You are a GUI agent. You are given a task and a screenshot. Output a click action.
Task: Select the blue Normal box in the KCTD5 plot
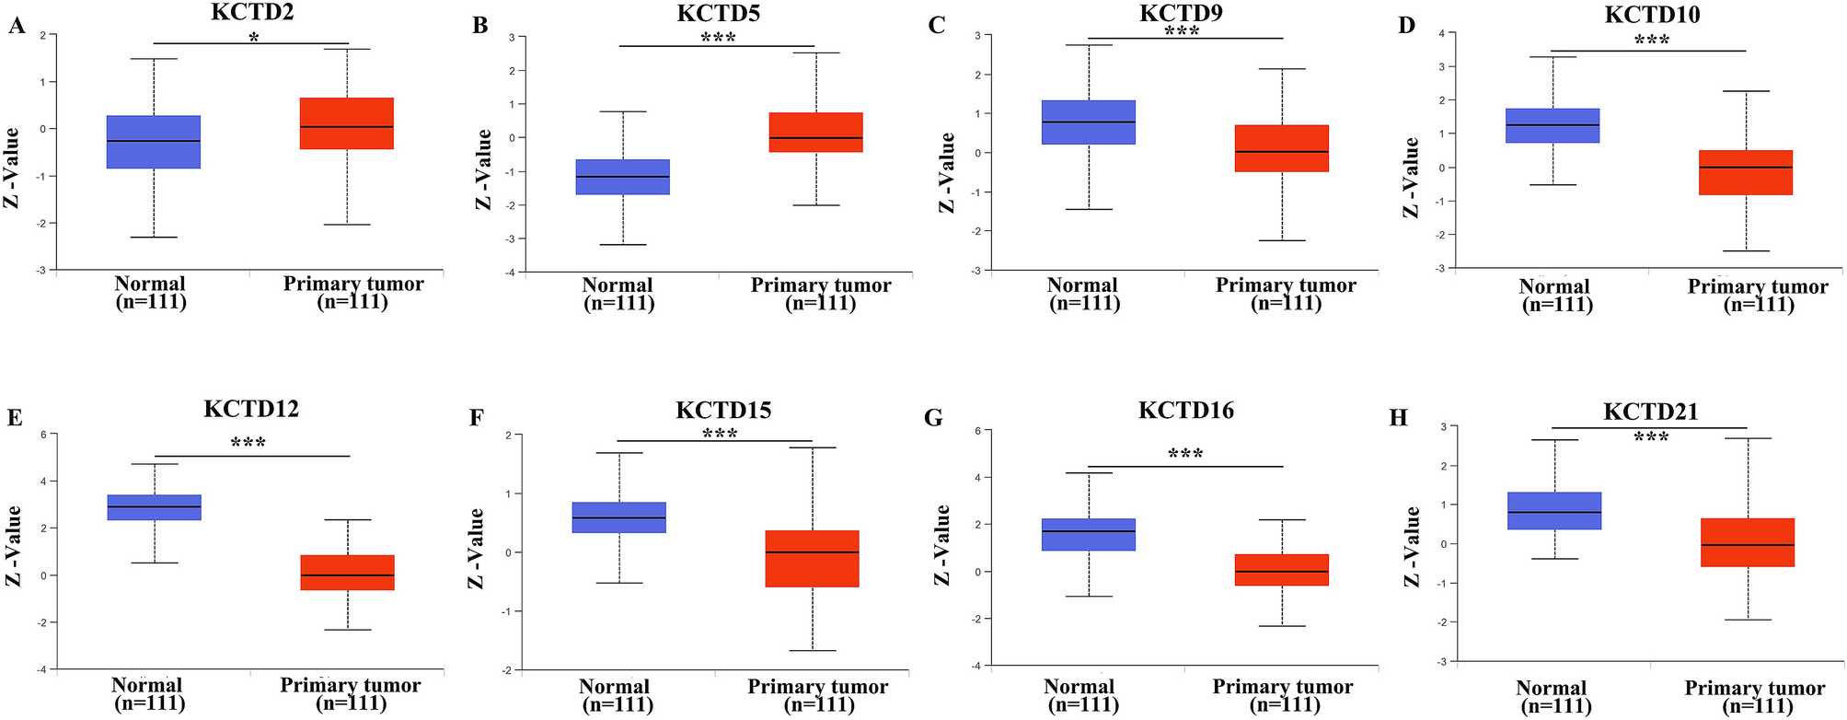click(x=622, y=177)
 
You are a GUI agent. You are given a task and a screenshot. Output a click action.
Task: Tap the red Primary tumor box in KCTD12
click(x=348, y=573)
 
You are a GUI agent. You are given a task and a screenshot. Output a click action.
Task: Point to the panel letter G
click(x=933, y=418)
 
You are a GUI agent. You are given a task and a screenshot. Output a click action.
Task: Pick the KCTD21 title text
click(x=1650, y=412)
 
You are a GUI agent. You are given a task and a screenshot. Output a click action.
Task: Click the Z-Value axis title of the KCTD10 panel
click(x=1411, y=177)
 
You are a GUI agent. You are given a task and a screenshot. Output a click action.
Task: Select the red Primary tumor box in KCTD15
click(x=813, y=558)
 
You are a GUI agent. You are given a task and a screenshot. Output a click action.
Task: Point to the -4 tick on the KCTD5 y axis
click(x=521, y=273)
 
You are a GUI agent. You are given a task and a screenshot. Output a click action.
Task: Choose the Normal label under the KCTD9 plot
click(x=1082, y=285)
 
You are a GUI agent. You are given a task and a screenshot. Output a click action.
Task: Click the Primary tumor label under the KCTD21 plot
click(x=1754, y=688)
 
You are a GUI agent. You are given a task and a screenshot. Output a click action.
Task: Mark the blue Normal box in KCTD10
click(x=1553, y=126)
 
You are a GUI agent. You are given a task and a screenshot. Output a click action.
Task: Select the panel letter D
click(x=1406, y=26)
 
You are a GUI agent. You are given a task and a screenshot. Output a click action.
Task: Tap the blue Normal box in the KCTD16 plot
click(x=1089, y=535)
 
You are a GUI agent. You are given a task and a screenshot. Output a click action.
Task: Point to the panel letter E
click(x=14, y=418)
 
